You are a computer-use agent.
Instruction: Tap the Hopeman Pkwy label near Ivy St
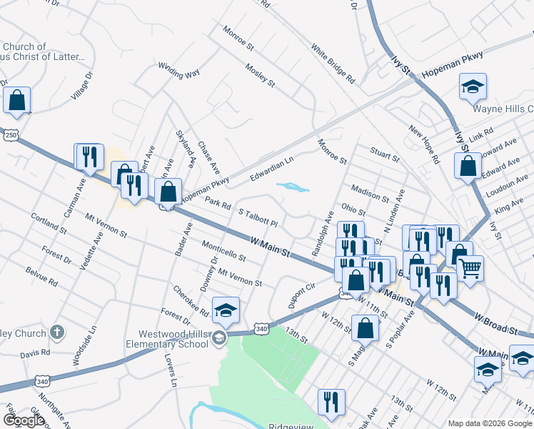pyautogui.click(x=452, y=64)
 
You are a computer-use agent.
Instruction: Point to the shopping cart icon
pyautogui.click(x=470, y=270)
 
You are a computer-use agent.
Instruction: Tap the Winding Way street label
pyautogui.click(x=178, y=72)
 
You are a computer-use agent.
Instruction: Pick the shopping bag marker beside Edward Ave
pyautogui.click(x=468, y=165)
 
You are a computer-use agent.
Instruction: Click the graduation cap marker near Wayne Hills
pyautogui.click(x=473, y=87)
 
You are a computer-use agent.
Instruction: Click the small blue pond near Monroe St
pyautogui.click(x=293, y=188)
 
